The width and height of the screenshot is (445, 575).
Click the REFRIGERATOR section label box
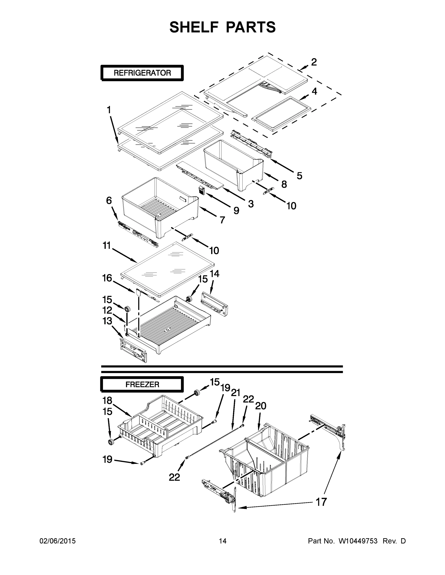[x=142, y=73]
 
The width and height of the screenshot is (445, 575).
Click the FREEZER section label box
[x=142, y=385]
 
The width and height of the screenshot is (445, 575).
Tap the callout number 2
[x=314, y=62]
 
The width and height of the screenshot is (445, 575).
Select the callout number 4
[x=314, y=91]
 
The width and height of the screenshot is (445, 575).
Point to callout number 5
[x=299, y=176]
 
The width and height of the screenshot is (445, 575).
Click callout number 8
[x=284, y=184]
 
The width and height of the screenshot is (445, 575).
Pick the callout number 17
[x=321, y=502]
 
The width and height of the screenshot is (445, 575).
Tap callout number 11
[x=107, y=246]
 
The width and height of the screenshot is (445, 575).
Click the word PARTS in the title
[x=250, y=27]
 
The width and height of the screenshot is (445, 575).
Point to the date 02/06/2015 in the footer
[x=58, y=541]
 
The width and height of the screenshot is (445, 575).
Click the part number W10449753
[x=358, y=541]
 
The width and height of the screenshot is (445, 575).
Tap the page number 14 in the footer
[x=223, y=541]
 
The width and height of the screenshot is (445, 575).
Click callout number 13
[x=107, y=321]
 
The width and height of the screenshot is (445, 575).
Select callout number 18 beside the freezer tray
[x=107, y=400]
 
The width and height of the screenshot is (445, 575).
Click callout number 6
[x=109, y=201]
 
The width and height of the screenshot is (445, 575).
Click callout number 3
[x=251, y=204]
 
